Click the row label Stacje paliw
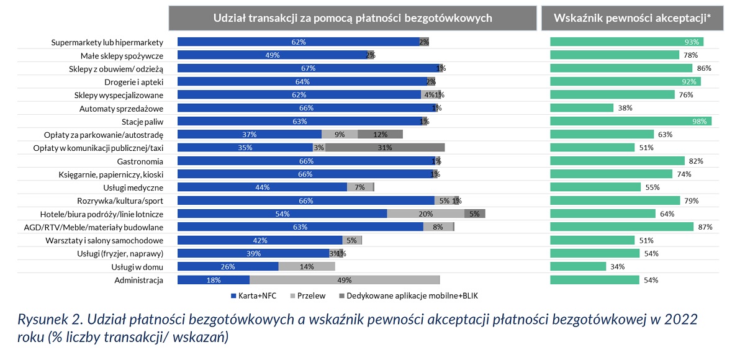[143, 121]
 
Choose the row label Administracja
[139, 280]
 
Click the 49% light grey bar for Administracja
[344, 280]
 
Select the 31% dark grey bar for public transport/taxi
[385, 148]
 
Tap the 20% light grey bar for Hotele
[425, 214]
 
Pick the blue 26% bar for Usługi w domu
[228, 266]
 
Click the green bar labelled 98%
[631, 121]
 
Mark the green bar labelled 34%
[578, 266]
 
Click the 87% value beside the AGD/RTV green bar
[705, 227]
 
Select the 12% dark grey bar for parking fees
[380, 134]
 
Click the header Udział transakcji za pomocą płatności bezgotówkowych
[353, 18]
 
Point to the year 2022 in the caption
[680, 320]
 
